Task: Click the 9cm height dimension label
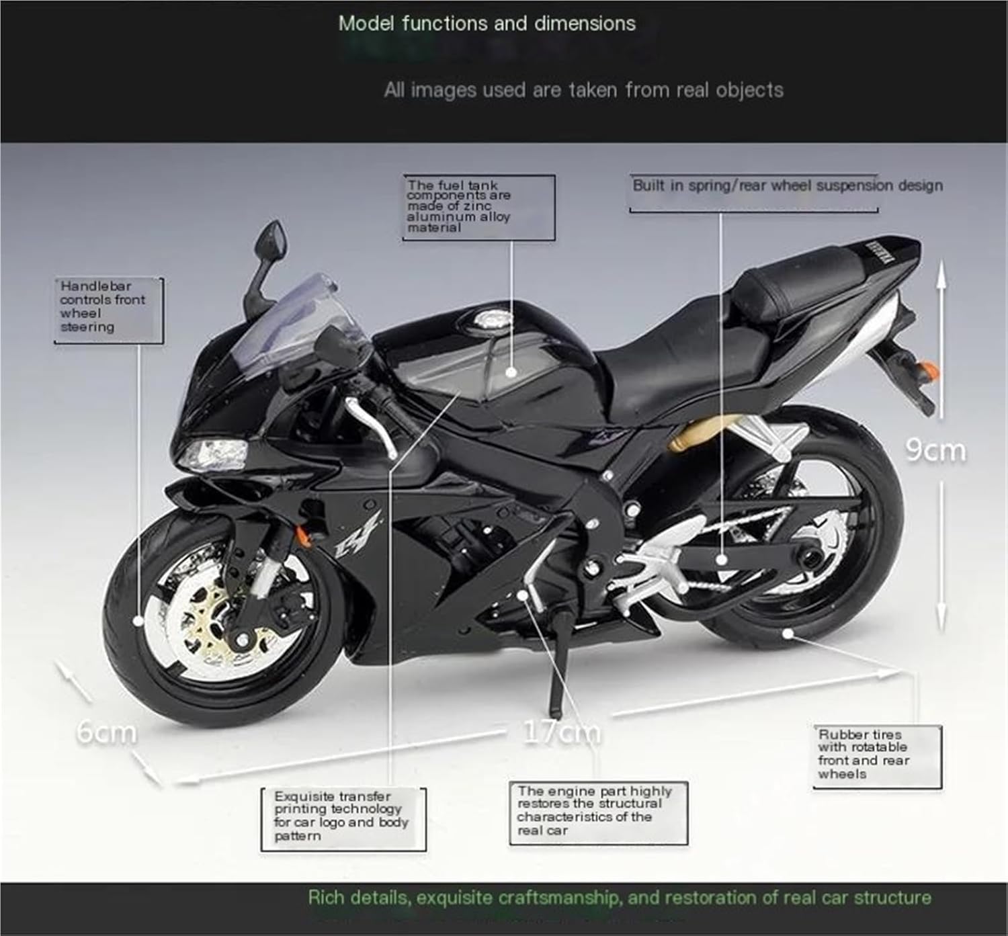pyautogui.click(x=935, y=450)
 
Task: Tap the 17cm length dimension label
pyautogui.click(x=562, y=731)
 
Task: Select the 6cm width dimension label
pyautogui.click(x=106, y=732)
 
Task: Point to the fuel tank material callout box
pyautogui.click(x=478, y=206)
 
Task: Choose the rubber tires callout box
pyautogui.click(x=876, y=755)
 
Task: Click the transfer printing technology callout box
pyautogui.click(x=343, y=818)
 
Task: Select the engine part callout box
pyautogui.click(x=597, y=812)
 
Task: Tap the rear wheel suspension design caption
pyautogui.click(x=787, y=186)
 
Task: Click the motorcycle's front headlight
pyautogui.click(x=214, y=452)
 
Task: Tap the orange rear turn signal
pyautogui.click(x=929, y=369)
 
